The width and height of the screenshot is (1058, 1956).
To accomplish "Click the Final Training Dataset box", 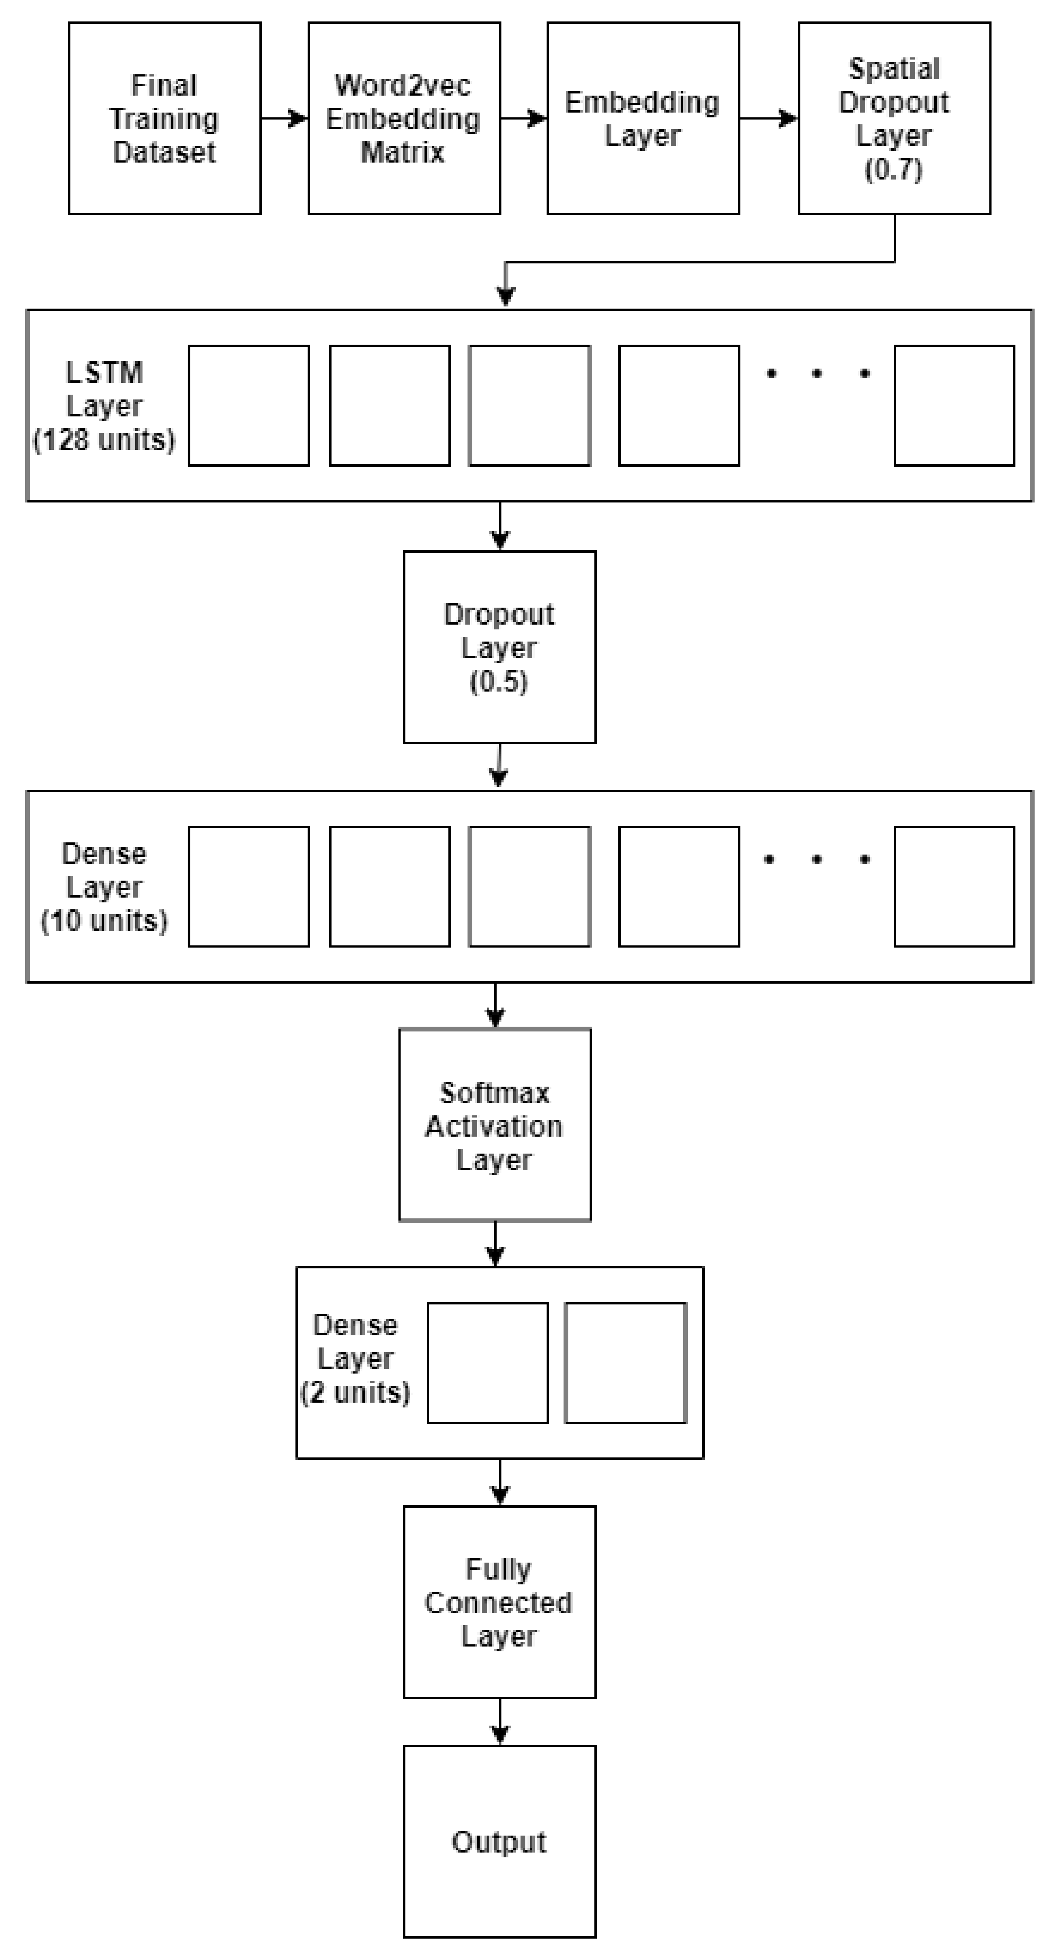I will tap(165, 119).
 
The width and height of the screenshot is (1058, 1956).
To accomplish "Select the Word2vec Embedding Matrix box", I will tap(404, 119).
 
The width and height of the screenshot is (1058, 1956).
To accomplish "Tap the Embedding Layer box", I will tap(643, 119).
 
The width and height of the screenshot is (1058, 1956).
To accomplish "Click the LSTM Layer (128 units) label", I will tap(104, 406).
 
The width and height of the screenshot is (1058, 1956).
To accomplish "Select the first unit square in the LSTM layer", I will tap(248, 406).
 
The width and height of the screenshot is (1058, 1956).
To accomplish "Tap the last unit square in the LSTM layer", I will tap(954, 406).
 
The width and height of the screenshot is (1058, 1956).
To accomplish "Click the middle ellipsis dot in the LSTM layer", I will tap(817, 373).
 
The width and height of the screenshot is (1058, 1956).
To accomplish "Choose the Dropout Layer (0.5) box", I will tap(499, 647).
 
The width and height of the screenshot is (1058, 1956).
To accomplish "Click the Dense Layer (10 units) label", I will tap(104, 887).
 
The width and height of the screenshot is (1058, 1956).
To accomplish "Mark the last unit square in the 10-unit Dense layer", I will tap(954, 886).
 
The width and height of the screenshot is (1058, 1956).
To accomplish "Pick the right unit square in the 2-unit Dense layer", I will tap(625, 1362).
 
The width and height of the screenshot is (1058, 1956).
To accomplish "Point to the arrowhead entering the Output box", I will tap(499, 1736).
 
